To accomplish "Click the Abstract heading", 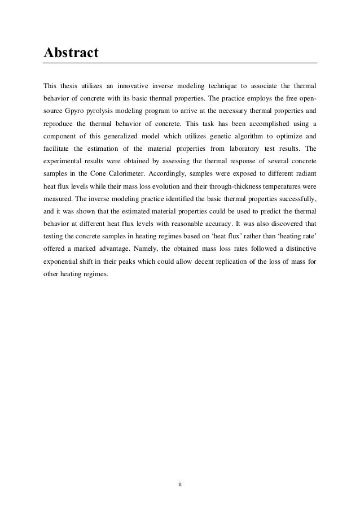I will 71,53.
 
